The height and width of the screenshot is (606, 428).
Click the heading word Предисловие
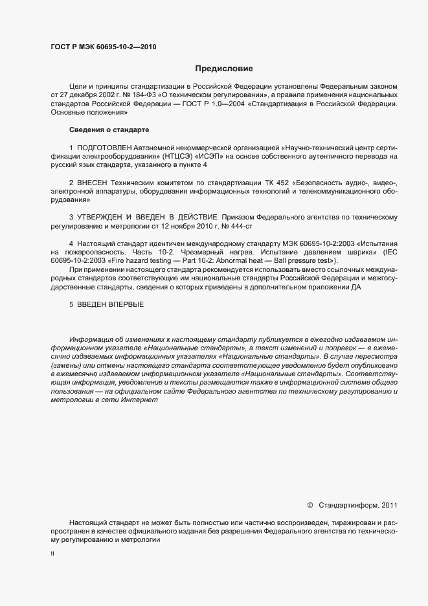coord(224,68)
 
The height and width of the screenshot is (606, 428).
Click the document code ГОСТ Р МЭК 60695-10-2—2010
coord(104,47)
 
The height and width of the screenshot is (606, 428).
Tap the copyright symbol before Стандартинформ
coord(310,504)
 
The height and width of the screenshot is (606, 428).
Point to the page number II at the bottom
coord(52,554)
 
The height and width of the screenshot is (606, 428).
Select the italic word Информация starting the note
coord(94,341)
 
